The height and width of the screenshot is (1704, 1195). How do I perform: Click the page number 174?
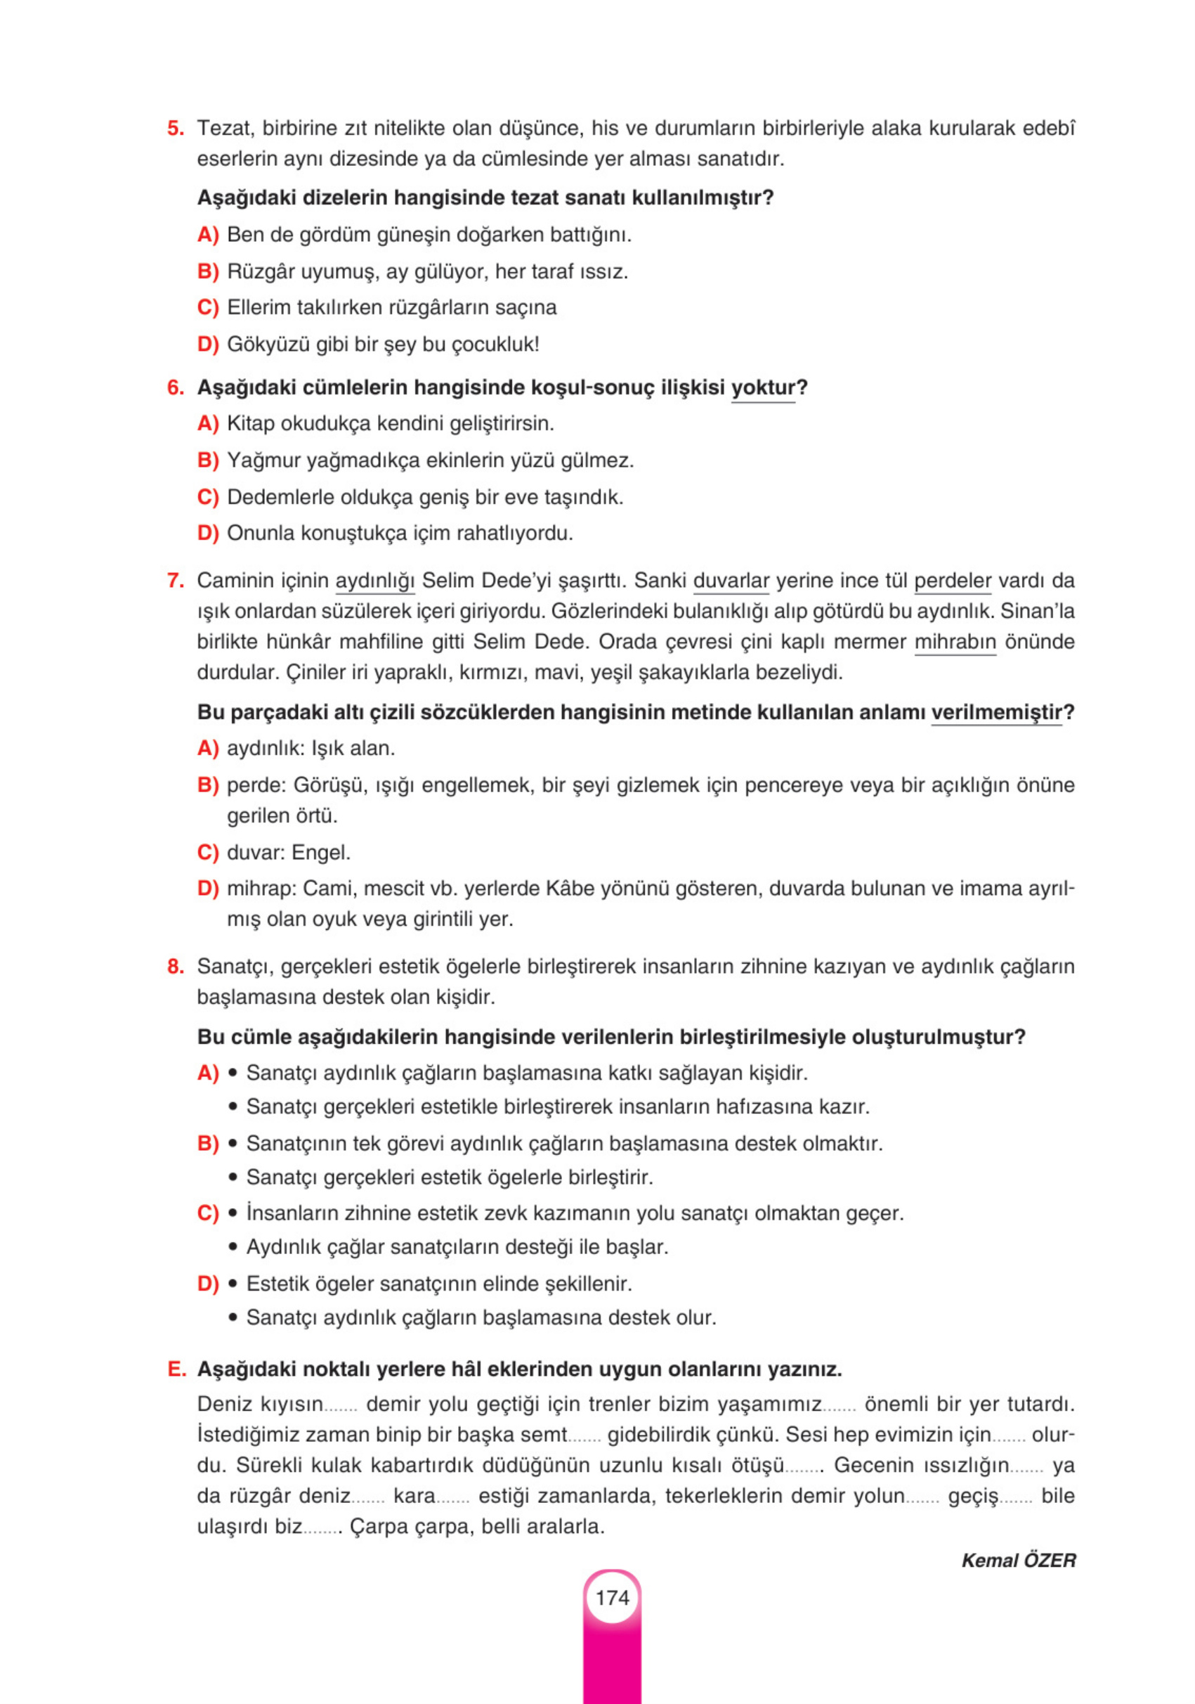coord(612,1597)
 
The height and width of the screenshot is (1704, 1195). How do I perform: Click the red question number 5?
coord(175,129)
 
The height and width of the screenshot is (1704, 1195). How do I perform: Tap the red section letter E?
coord(176,1369)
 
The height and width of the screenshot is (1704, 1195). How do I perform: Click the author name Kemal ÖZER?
coord(1018,1560)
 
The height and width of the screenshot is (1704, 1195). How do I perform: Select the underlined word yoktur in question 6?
coord(762,387)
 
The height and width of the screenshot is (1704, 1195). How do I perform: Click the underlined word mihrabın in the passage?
coord(955,641)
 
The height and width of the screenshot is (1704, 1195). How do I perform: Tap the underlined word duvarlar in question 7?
coord(731,581)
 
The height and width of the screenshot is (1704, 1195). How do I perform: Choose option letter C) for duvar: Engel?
coord(208,852)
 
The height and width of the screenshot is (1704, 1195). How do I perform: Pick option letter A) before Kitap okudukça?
coord(208,424)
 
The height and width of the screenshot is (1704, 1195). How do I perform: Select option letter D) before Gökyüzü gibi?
coord(208,344)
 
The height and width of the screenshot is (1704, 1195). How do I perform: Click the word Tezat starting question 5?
coord(225,129)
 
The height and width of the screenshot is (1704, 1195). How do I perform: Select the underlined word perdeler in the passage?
coord(953,581)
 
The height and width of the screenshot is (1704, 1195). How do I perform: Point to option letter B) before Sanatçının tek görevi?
coord(208,1144)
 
